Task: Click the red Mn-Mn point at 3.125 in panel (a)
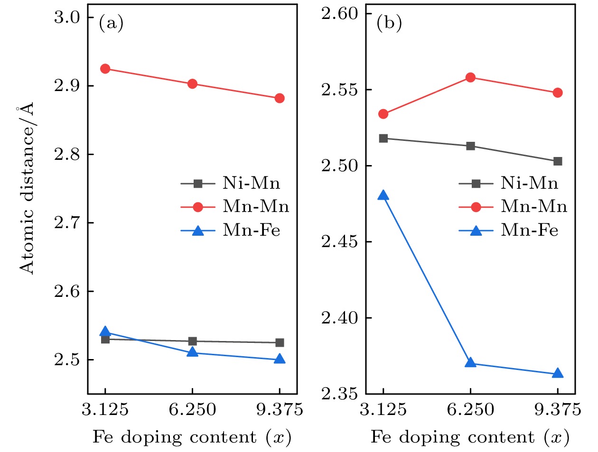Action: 105,69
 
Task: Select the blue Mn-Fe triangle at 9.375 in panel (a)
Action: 280,359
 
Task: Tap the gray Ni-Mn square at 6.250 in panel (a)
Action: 192,341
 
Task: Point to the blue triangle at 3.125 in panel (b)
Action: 383,195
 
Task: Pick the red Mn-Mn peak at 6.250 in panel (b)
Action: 470,77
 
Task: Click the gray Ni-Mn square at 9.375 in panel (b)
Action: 558,161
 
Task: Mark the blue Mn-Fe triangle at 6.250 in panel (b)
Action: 470,363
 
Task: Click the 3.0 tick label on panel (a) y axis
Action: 67,18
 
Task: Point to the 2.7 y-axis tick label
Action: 67,222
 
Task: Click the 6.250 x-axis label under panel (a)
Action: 192,409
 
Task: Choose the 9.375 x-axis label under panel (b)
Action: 558,409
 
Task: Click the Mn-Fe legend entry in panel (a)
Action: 252,230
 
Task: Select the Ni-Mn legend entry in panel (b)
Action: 530,183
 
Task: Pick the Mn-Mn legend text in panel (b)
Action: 534,206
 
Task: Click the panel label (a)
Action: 111,23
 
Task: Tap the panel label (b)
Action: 389,23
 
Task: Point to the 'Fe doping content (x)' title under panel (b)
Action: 470,437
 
